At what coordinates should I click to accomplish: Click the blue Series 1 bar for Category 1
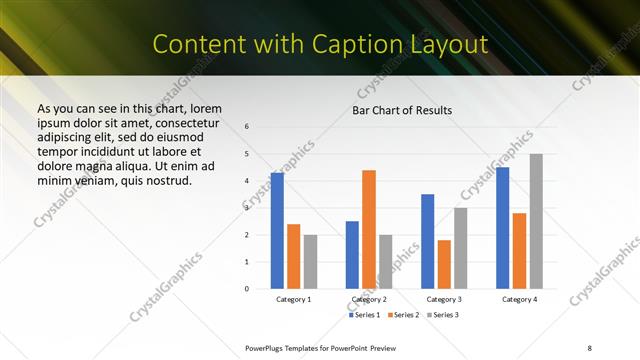click(x=277, y=231)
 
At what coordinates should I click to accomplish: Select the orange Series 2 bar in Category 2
click(x=369, y=229)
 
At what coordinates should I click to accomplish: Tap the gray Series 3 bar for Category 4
click(x=536, y=221)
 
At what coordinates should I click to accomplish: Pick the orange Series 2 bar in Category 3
click(x=444, y=264)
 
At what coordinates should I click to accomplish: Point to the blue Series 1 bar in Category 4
click(x=502, y=228)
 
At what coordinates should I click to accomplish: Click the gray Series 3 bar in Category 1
click(x=310, y=262)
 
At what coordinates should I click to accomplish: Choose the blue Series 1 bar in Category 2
click(x=352, y=255)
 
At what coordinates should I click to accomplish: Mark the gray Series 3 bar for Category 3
click(x=461, y=248)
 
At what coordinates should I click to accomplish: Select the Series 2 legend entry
click(x=404, y=315)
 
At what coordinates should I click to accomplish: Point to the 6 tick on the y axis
click(x=247, y=127)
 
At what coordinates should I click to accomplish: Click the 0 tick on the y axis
click(x=247, y=289)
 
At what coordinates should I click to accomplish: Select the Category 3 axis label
click(x=444, y=299)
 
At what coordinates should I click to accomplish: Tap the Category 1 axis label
click(x=294, y=299)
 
